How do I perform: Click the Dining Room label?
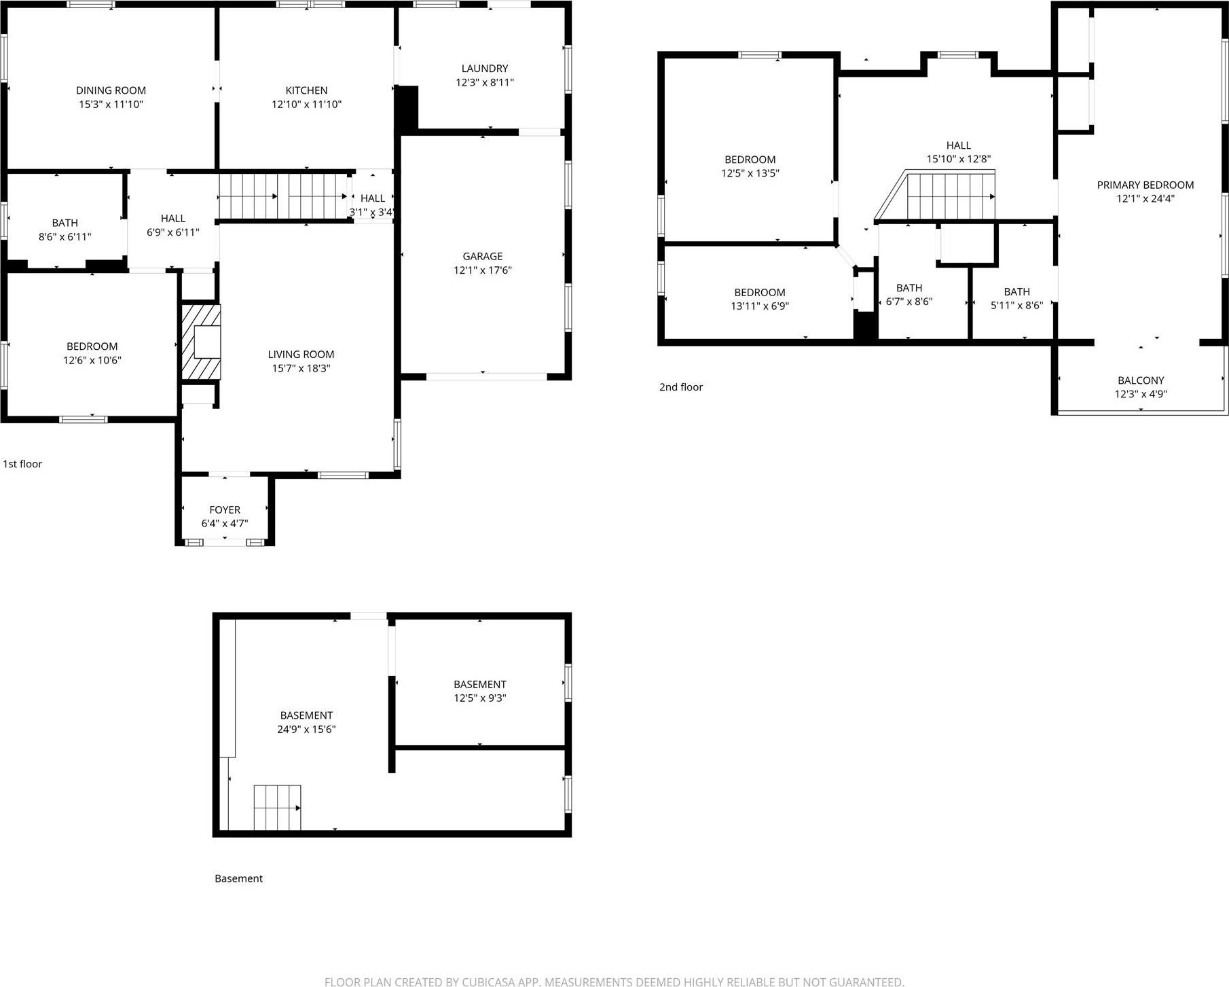[x=111, y=90]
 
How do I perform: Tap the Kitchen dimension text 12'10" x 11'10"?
[x=306, y=105]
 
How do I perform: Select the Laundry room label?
[x=484, y=69]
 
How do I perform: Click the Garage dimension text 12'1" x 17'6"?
[x=482, y=270]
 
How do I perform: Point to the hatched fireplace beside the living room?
[x=200, y=342]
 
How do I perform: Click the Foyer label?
[x=225, y=509]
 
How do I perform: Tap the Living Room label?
[x=301, y=354]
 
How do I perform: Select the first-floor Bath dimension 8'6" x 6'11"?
[x=65, y=237]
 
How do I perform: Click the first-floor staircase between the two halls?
[x=282, y=196]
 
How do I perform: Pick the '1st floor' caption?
[x=22, y=464]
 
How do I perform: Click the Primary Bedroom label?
[x=1145, y=185]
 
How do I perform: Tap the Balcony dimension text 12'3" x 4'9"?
[x=1141, y=394]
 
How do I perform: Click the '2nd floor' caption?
[x=680, y=387]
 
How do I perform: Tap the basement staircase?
[x=277, y=808]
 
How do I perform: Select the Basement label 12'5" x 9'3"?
[x=479, y=684]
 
